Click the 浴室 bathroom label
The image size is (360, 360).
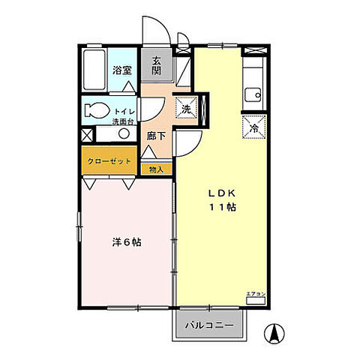click(x=121, y=70)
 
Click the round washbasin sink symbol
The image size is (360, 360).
click(x=122, y=134)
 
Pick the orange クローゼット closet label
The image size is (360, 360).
click(x=111, y=161)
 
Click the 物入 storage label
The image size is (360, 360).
click(x=155, y=169)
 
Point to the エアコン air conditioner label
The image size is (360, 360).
click(x=256, y=295)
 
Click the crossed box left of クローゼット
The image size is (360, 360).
click(x=87, y=136)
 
